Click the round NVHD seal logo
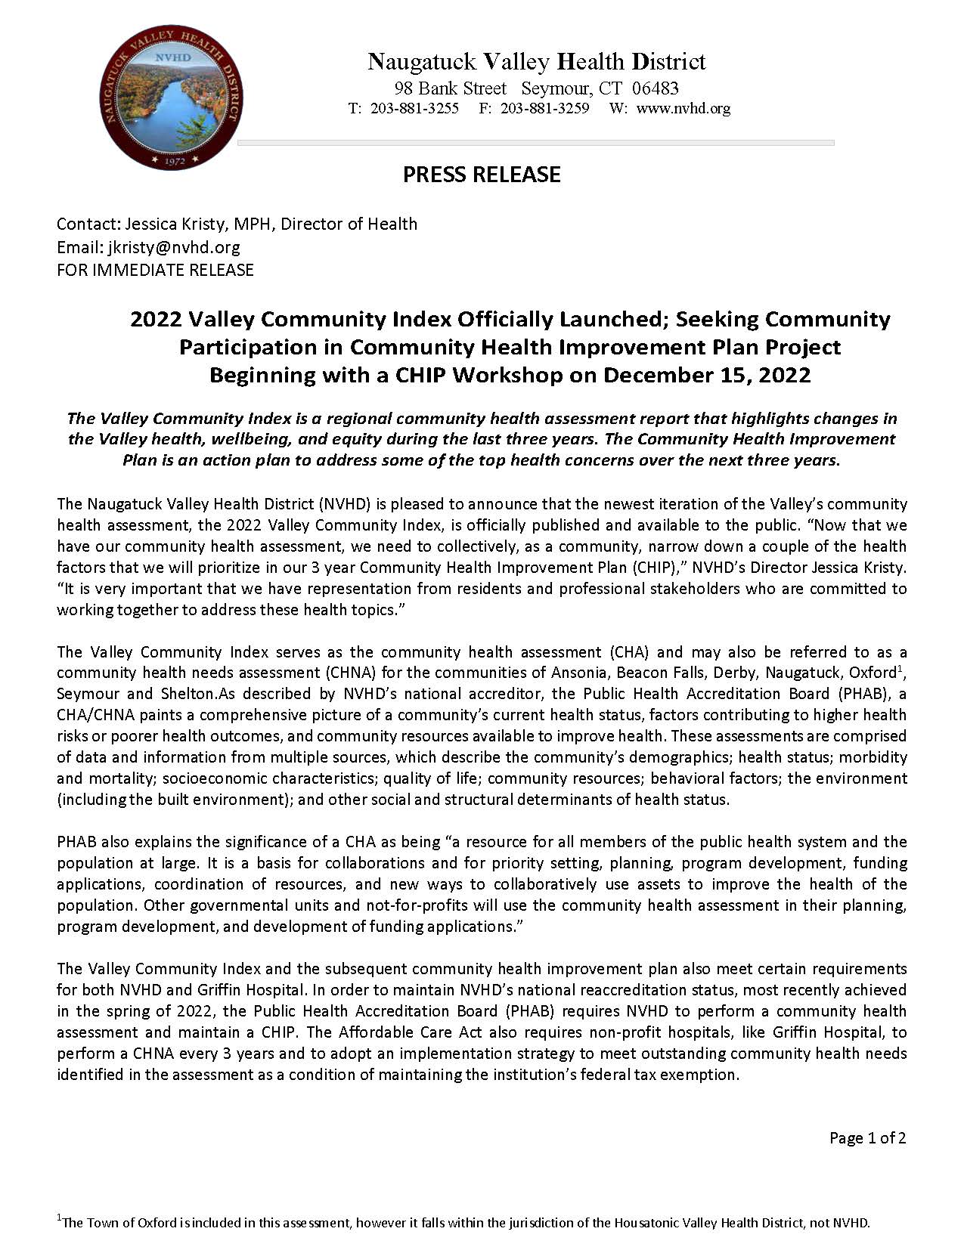172,97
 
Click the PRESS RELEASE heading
482,175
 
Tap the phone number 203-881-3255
414,108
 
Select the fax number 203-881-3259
544,108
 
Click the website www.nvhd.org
683,108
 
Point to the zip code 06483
656,88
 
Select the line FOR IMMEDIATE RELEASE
155,270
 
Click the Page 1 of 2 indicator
867,1138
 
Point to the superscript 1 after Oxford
899,667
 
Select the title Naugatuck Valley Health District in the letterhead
536,62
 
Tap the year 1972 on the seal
175,160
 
